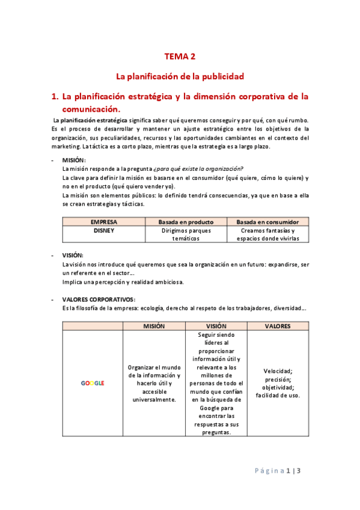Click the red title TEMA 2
tap(180, 57)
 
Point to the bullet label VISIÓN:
tap(73, 255)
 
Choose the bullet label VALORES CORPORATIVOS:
tap(99, 299)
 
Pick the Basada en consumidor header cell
tap(267, 222)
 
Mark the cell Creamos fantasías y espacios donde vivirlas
tap(267, 235)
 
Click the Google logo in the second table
tap(93, 383)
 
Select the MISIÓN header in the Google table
tap(154, 326)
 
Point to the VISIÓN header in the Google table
tap(216, 326)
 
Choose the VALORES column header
tap(278, 326)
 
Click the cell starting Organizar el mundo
tap(154, 383)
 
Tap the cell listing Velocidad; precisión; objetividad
tap(278, 383)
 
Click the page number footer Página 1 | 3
tap(281, 471)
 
